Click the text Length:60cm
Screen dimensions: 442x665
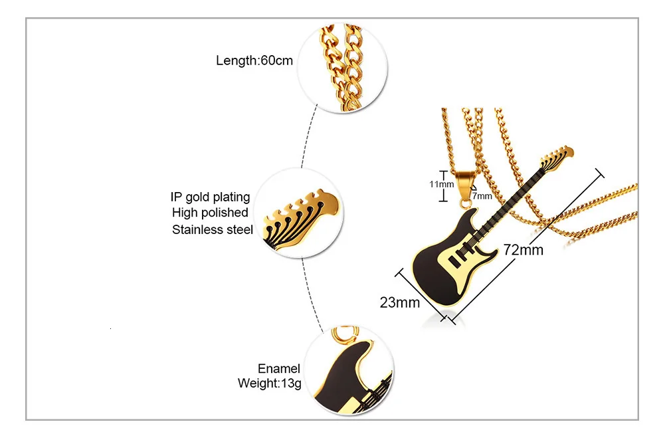(254, 61)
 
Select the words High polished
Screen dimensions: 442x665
(210, 213)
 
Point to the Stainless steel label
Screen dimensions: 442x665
(213, 230)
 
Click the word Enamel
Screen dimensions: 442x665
(279, 369)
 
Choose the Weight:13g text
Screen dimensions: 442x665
(269, 384)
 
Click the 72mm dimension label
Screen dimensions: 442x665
(523, 250)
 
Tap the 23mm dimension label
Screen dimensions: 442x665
(400, 303)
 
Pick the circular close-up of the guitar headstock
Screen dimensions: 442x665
(302, 212)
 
